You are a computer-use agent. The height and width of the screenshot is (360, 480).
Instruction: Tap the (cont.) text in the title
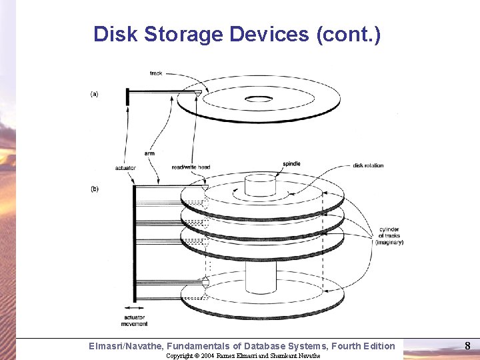click(348, 34)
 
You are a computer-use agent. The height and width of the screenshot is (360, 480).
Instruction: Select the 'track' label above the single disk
click(157, 73)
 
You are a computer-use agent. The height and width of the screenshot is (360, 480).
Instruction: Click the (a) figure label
click(95, 94)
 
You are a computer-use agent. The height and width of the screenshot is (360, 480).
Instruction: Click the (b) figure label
click(95, 189)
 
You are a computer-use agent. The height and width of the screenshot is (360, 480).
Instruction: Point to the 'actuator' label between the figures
click(125, 168)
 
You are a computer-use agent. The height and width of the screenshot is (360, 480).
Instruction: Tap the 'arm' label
click(149, 153)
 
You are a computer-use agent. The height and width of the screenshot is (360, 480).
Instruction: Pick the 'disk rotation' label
click(368, 165)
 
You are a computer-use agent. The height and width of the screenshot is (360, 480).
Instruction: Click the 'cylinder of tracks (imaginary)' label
click(389, 235)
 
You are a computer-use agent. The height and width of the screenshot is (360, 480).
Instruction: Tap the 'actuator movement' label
click(136, 320)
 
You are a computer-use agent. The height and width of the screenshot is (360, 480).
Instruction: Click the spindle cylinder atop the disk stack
click(260, 185)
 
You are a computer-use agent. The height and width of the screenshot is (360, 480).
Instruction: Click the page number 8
click(467, 345)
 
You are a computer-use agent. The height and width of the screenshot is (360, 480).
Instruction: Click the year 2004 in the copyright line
click(206, 356)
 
